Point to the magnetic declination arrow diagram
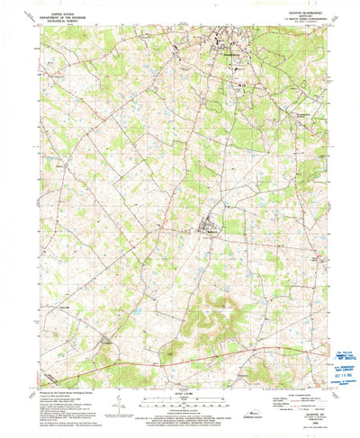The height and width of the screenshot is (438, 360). (119, 409)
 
